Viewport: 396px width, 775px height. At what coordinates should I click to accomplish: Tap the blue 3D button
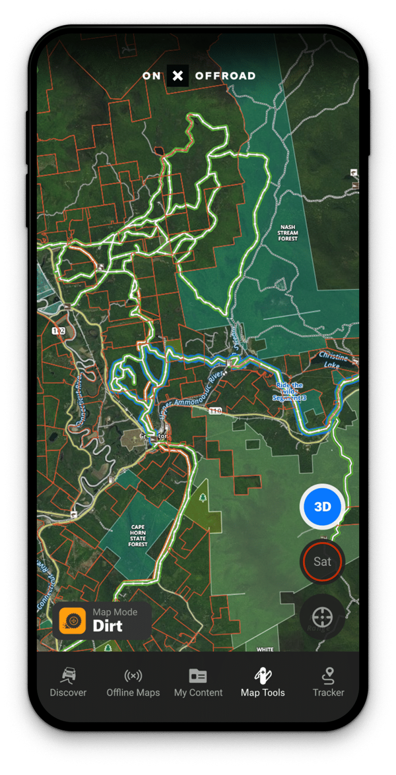click(322, 507)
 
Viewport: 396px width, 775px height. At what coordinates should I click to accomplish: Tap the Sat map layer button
click(322, 561)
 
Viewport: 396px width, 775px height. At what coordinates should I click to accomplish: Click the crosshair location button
click(322, 617)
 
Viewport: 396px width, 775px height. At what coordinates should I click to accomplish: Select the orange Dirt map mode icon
click(72, 620)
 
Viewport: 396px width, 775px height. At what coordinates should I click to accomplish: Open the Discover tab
click(68, 682)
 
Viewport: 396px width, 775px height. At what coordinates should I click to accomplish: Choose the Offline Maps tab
click(133, 682)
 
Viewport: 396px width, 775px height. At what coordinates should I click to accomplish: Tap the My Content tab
click(198, 682)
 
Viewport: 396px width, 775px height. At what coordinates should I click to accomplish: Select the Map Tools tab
click(263, 682)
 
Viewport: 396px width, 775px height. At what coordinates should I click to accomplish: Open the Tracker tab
click(328, 682)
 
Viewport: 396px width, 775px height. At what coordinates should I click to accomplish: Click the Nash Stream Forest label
click(287, 232)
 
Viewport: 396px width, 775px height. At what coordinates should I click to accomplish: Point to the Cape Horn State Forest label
click(138, 536)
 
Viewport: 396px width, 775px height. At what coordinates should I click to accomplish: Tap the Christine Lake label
click(333, 360)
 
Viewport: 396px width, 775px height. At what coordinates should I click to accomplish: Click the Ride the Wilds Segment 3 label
click(289, 391)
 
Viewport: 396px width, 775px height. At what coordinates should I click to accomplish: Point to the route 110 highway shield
click(215, 411)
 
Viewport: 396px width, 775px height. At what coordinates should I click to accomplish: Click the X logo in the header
click(178, 76)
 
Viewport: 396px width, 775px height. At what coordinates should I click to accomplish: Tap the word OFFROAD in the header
click(225, 76)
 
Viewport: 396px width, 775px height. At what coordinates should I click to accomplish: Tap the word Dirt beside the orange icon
click(108, 626)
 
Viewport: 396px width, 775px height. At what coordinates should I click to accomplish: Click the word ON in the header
click(151, 76)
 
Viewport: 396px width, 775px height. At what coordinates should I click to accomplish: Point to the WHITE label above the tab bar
click(265, 649)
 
